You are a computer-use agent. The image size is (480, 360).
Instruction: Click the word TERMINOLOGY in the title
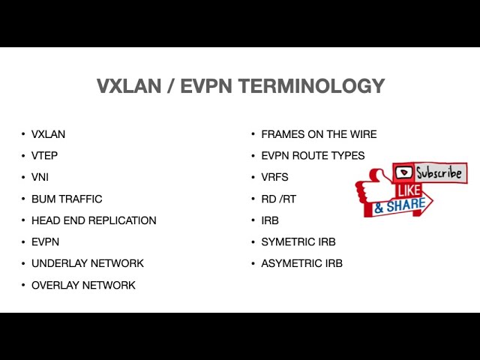311,86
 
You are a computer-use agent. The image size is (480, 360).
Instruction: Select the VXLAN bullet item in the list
48,134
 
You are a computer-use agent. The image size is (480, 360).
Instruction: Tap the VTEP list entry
44,156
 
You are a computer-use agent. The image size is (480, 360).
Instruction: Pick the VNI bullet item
40,178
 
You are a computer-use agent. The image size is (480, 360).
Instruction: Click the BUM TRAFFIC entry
67,199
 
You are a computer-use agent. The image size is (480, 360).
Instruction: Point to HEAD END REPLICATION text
94,220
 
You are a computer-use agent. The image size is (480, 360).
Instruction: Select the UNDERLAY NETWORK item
87,263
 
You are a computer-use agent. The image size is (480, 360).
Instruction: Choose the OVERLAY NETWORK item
83,285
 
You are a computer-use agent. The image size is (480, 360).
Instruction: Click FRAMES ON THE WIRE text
319,134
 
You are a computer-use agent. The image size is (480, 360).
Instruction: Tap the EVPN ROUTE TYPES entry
313,156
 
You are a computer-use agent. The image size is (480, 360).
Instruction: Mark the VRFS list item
274,178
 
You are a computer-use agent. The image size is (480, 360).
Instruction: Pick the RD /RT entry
275,199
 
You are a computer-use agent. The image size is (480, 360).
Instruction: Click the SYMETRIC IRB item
298,242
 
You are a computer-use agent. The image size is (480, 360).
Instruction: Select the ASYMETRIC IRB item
301,263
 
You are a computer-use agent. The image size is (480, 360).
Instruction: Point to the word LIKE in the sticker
409,190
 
